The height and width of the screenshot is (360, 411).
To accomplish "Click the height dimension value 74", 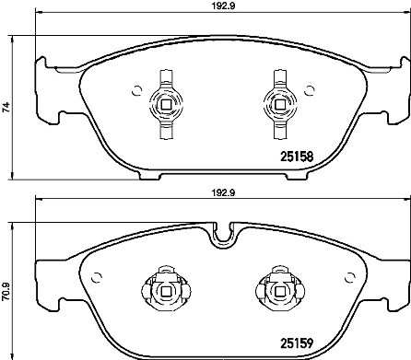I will point(7,108).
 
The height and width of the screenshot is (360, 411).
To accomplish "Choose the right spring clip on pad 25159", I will point(276,291).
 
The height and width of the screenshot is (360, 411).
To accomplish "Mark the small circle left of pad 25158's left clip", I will point(137,90).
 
